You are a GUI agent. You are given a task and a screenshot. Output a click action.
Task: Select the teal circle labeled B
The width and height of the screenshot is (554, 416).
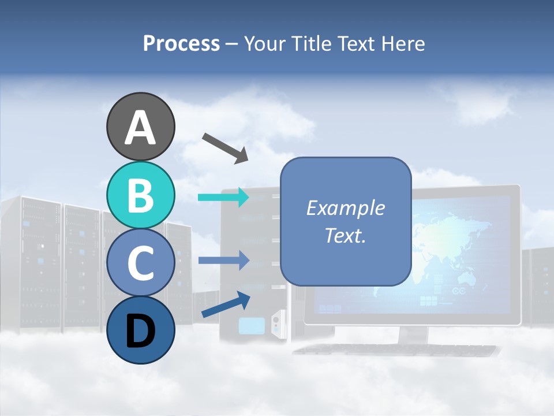click(x=140, y=195)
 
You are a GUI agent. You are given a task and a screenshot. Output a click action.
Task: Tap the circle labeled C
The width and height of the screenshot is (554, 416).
click(x=140, y=263)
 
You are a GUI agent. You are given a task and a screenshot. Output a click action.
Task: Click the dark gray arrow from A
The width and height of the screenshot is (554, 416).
click(x=225, y=148)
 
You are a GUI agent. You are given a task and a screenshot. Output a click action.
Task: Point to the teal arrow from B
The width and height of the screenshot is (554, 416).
click(x=223, y=198)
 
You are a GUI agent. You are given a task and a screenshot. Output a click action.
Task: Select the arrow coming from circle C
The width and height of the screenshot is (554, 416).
click(x=223, y=261)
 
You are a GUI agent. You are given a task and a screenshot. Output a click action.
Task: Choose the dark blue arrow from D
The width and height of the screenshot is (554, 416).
click(x=226, y=305)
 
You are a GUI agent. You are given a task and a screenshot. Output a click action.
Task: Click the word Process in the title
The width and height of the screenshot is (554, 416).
click(x=181, y=43)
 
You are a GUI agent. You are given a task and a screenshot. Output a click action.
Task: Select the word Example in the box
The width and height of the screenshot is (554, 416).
click(x=345, y=208)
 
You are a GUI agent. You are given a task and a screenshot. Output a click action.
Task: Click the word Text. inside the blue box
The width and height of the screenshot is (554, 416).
click(x=345, y=236)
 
